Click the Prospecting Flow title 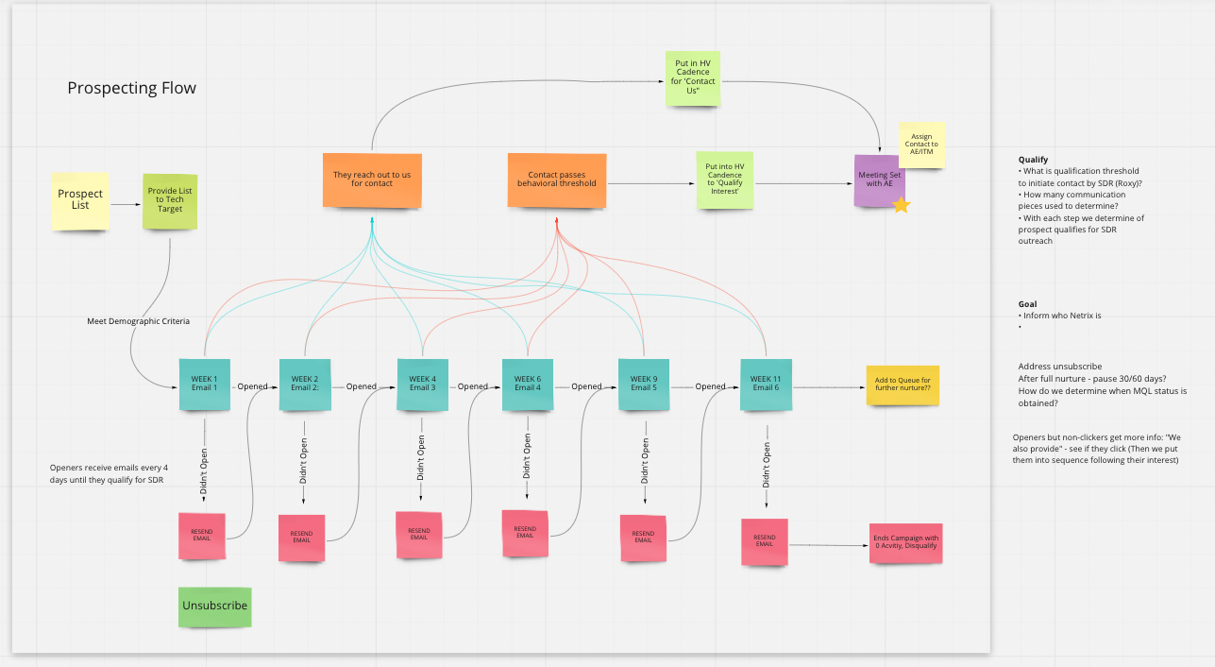coord(132,88)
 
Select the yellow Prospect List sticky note coord(80,200)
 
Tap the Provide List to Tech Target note coord(170,201)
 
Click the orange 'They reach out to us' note coord(372,179)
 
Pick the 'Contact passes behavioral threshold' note coord(557,179)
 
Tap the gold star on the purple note coord(902,204)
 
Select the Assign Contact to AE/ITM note coord(922,145)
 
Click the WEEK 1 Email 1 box coord(205,384)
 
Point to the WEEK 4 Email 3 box coord(422,384)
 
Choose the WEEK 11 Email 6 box coord(766,384)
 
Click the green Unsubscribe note coord(215,606)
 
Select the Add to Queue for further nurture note coord(903,385)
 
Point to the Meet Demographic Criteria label coord(138,321)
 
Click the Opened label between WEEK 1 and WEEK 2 coord(252,386)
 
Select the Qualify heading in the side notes coord(1034,160)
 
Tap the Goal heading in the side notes coord(1027,304)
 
